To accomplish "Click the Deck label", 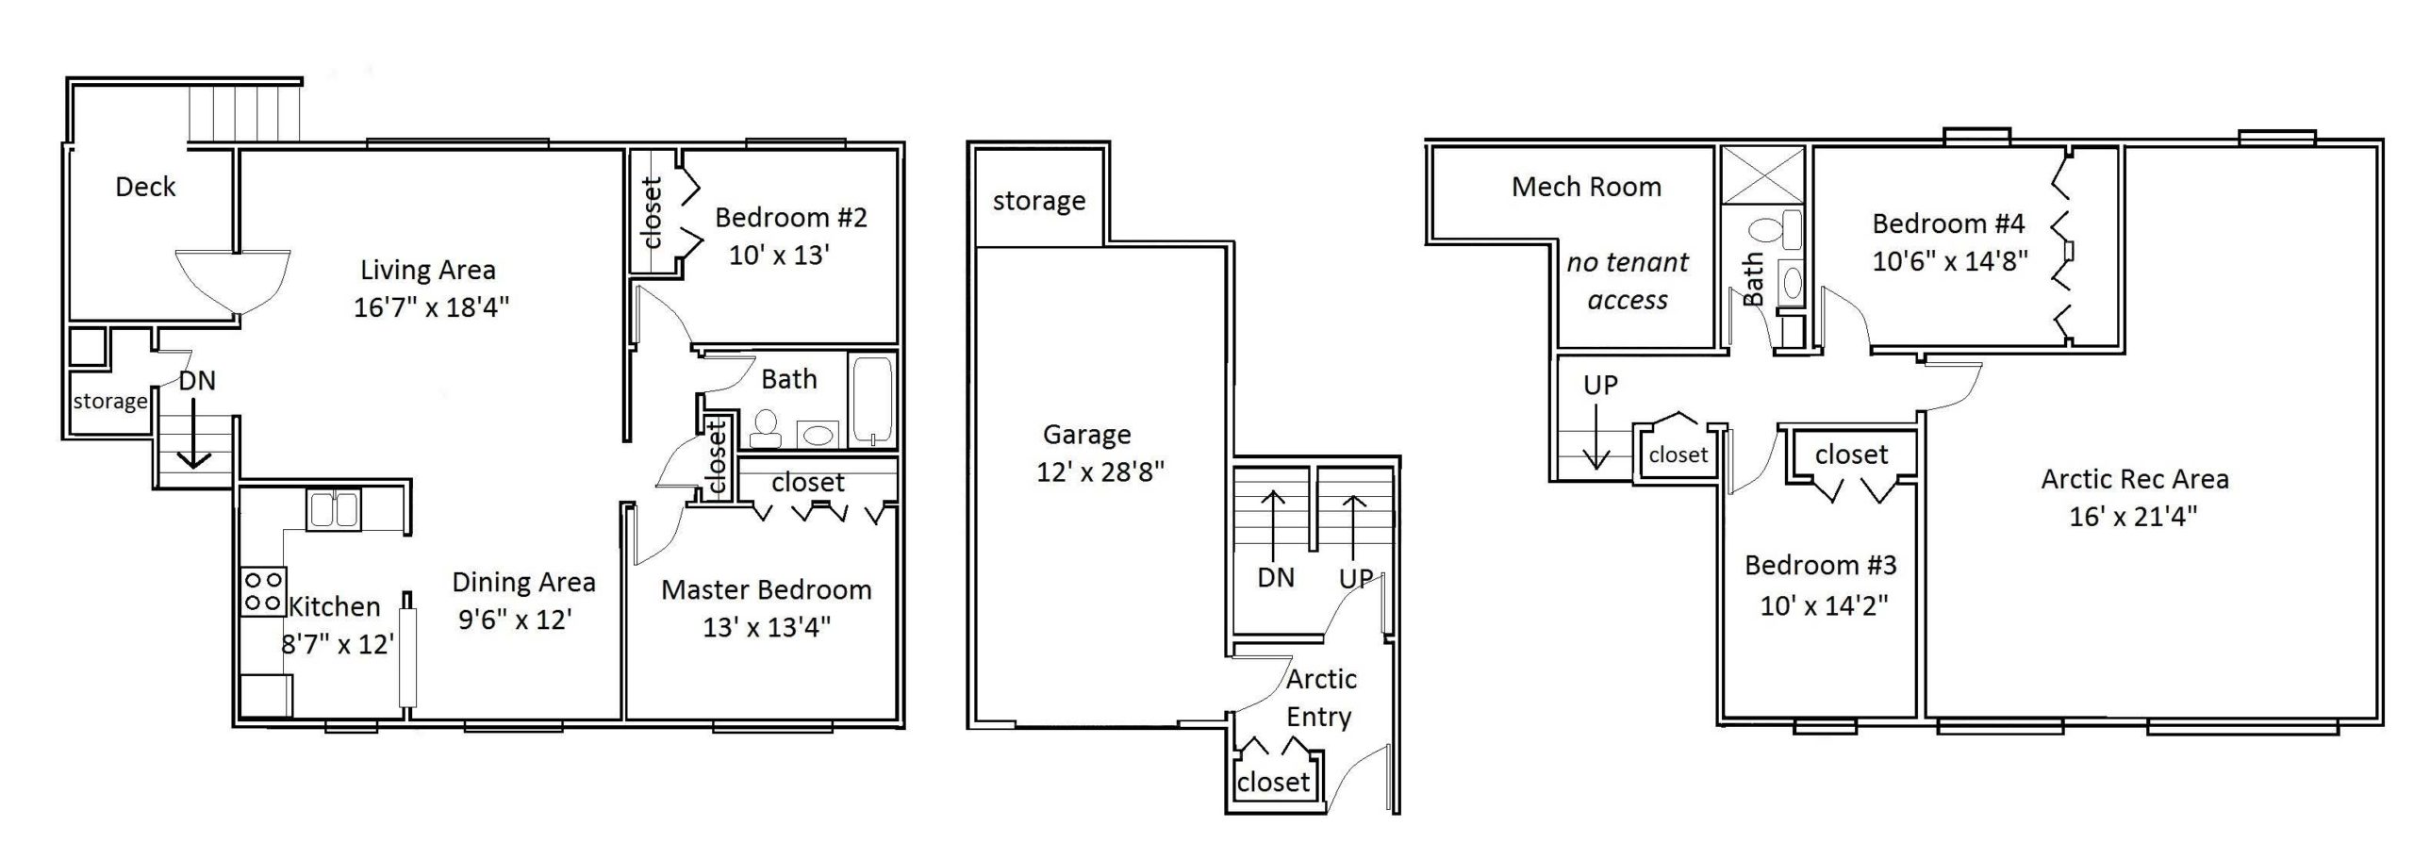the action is click(145, 187).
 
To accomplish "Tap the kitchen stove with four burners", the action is click(264, 591).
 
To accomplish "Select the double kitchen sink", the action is click(333, 510).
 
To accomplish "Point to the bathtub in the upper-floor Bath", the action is click(872, 400).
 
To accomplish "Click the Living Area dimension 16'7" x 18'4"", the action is click(431, 307).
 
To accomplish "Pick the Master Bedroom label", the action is click(766, 590).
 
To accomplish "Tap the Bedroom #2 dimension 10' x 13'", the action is click(778, 256).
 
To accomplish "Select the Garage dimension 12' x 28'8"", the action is click(1100, 471).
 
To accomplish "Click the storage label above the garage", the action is click(1038, 201).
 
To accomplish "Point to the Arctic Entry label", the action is click(1320, 698).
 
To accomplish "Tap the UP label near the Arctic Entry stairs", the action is click(1355, 578).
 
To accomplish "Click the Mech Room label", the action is click(1586, 187).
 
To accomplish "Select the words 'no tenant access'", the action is click(1628, 281).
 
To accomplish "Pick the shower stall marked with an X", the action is click(1762, 174).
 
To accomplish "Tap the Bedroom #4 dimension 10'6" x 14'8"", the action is click(1949, 261).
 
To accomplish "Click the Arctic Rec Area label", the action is click(2135, 479).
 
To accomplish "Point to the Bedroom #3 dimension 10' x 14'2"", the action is click(1824, 604).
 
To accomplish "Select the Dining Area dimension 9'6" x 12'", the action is click(515, 620).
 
